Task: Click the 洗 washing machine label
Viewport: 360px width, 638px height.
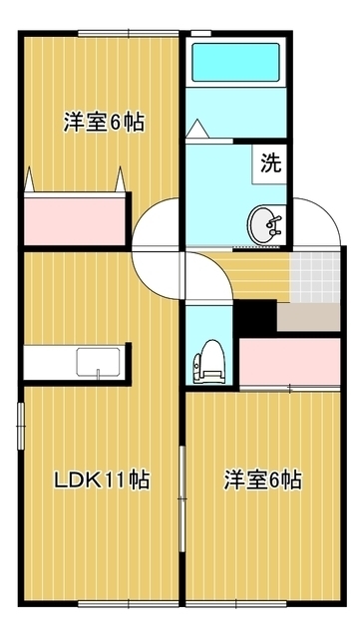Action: pos(271,159)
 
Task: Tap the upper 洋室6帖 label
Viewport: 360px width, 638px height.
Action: pos(104,123)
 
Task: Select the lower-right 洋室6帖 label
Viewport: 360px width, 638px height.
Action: pos(262,480)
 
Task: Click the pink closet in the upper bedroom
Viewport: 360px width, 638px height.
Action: pos(74,217)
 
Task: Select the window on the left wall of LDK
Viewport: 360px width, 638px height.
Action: pos(19,428)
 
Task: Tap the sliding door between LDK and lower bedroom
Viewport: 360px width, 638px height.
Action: pos(181,494)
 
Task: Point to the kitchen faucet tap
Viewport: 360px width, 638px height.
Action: pos(99,374)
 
